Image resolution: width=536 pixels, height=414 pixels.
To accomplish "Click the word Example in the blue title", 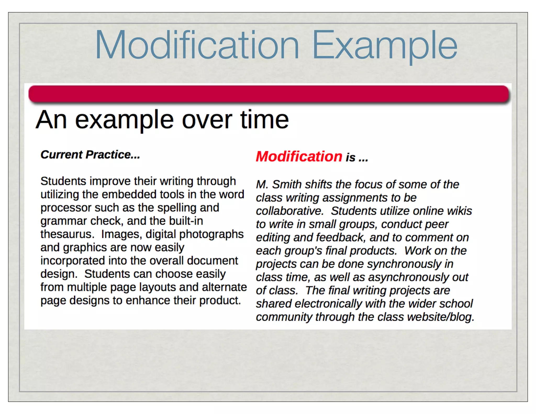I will click(385, 45).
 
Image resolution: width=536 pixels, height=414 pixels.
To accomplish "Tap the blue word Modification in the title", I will click(197, 45).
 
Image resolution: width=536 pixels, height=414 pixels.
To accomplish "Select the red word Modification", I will click(299, 156).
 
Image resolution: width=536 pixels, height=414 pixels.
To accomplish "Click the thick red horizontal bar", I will click(269, 93).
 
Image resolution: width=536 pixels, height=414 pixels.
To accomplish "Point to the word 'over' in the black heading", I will click(207, 120).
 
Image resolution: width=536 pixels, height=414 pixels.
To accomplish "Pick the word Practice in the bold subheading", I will click(113, 155).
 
